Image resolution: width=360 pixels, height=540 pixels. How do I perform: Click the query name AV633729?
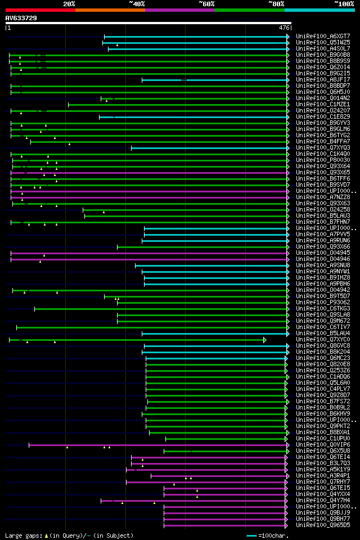[x=21, y=18]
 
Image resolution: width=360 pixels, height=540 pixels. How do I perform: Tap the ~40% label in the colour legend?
[x=137, y=3]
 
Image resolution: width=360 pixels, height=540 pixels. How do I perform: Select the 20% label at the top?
[x=69, y=3]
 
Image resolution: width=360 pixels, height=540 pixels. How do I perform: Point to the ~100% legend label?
[x=344, y=3]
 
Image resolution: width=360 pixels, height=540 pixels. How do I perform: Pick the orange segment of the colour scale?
[x=110, y=10]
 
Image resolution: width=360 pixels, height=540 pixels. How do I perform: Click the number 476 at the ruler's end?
[x=284, y=27]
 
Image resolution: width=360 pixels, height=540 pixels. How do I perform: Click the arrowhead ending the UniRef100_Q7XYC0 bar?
[x=264, y=339]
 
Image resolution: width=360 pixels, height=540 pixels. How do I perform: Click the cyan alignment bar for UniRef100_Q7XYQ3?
[x=208, y=147]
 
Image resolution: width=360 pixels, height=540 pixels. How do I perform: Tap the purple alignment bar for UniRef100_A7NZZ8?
[x=146, y=197]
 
